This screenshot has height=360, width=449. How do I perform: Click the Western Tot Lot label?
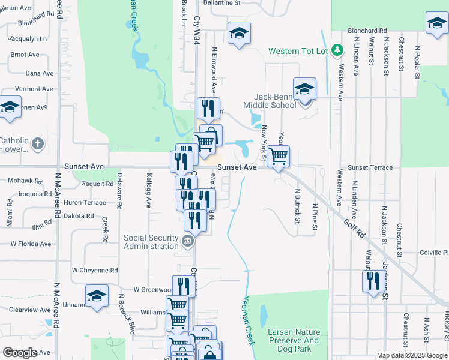[x=298, y=51]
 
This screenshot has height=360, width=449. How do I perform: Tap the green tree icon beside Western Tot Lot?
[x=337, y=49]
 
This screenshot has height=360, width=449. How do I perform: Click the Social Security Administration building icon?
[x=187, y=242]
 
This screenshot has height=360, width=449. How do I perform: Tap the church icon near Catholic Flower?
[x=38, y=143]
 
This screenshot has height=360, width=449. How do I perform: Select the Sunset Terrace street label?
[x=370, y=168]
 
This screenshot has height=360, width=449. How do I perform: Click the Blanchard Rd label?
[x=367, y=30]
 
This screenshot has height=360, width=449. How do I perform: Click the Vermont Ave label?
[x=34, y=89]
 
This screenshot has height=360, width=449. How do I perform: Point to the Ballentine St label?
[x=221, y=3]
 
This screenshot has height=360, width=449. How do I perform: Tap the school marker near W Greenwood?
[x=97, y=296]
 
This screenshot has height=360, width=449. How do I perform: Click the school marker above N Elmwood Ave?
[x=238, y=33]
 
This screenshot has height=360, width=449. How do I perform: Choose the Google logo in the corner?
[x=20, y=353]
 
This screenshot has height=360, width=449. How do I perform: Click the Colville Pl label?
[x=434, y=252]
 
